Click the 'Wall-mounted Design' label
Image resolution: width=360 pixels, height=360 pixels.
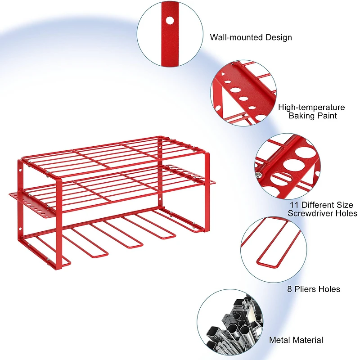coord(251,37)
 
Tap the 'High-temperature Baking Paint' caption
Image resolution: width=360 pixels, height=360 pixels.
coord(311,112)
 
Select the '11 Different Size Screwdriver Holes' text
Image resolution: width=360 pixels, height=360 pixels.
coord(323,209)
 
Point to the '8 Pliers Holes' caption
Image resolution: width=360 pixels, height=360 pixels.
coord(313,289)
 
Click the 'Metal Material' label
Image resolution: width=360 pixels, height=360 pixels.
coord(296,340)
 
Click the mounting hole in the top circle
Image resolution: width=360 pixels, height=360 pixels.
coord(170,20)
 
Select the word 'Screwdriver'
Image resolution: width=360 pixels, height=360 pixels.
coord(311,213)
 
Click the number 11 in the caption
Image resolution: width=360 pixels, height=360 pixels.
coord(292,205)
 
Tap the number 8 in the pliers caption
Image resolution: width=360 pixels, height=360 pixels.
coord(289,289)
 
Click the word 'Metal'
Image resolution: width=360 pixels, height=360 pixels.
coord(279,340)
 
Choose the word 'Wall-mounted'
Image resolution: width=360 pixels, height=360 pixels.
coord(235,37)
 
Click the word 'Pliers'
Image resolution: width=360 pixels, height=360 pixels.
coord(306,289)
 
